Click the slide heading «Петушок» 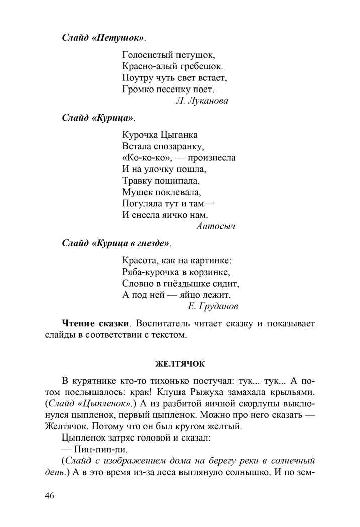[103, 38]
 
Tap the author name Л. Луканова [202, 101]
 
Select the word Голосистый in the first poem [145, 54]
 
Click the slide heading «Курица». [99, 118]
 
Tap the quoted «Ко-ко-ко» [146, 157]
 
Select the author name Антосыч [215, 226]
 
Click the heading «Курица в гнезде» [116, 243]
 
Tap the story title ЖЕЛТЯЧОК [180, 363]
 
